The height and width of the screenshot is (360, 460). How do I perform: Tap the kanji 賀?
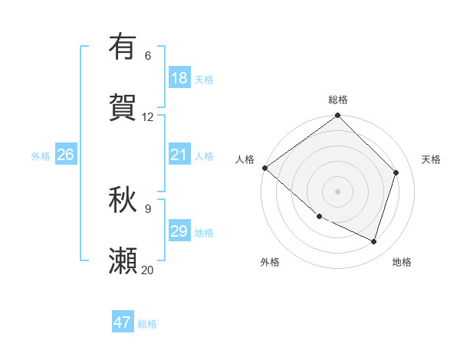point(123,107)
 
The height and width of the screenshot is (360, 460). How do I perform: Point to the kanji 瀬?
point(123,260)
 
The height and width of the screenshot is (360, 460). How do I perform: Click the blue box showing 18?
point(179,78)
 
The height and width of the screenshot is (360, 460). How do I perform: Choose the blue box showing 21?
point(179,155)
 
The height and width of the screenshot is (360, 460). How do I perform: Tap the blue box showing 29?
point(179,231)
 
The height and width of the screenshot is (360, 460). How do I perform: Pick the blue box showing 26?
point(65,155)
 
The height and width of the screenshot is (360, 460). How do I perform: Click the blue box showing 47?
point(123,322)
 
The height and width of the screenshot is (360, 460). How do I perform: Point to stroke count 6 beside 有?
point(148,56)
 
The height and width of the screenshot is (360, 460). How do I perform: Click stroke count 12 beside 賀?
point(148,117)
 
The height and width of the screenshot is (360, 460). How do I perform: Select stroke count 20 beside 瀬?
point(148,270)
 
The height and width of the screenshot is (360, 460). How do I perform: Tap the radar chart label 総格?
point(338,100)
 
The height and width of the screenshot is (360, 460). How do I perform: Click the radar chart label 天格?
point(432,159)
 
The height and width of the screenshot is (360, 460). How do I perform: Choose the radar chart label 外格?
point(270,262)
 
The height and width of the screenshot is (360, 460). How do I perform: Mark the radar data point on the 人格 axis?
point(264,168)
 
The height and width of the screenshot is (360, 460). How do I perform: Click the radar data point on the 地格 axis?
point(374,241)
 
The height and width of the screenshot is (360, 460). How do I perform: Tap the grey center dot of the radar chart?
point(338,191)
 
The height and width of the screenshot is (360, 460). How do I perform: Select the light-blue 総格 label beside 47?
point(148,324)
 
